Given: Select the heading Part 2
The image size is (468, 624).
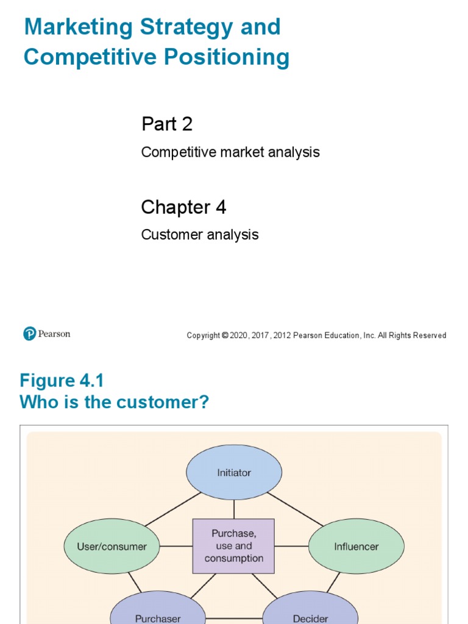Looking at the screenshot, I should pyautogui.click(x=167, y=124).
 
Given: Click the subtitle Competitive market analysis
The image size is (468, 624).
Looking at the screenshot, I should pyautogui.click(x=230, y=152).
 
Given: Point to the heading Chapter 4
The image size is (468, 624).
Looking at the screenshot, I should pyautogui.click(x=183, y=208).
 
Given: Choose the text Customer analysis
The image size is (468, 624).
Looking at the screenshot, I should pyautogui.click(x=200, y=235).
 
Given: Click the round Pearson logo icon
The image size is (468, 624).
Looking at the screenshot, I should pyautogui.click(x=30, y=334).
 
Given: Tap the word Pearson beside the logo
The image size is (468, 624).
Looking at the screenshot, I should pyautogui.click(x=54, y=334).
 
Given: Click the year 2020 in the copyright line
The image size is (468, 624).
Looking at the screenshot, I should pyautogui.click(x=238, y=336).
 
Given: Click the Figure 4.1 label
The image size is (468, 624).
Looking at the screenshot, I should pyautogui.click(x=62, y=381).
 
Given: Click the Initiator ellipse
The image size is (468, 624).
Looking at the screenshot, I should pyautogui.click(x=234, y=472).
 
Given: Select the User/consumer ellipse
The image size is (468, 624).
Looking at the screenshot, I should pyautogui.click(x=112, y=547).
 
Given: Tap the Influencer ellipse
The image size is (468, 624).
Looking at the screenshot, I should pyautogui.click(x=356, y=547).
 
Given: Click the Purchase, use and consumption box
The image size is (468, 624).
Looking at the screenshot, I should pyautogui.click(x=234, y=546).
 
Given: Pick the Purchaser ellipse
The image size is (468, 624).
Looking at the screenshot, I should pyautogui.click(x=158, y=615).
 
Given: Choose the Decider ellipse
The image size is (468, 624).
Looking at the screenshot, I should pyautogui.click(x=310, y=615).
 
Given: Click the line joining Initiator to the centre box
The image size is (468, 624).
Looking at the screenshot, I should pyautogui.click(x=234, y=509).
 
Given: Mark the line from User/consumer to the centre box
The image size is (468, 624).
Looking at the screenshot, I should pyautogui.click(x=177, y=546).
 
